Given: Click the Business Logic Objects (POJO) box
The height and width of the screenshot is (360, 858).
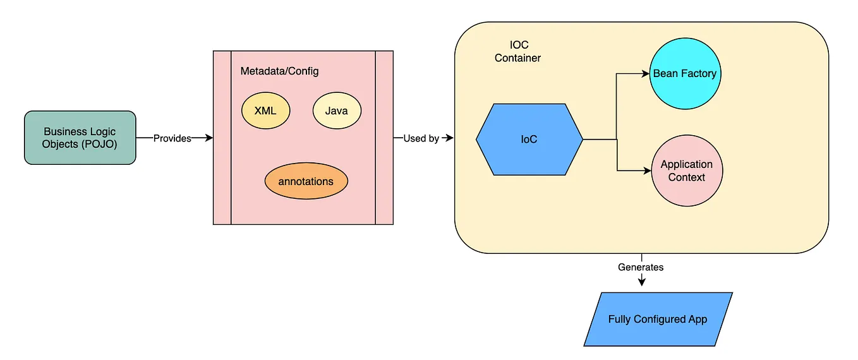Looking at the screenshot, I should point(80,138).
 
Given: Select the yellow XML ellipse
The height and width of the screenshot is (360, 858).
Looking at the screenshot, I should point(265,111).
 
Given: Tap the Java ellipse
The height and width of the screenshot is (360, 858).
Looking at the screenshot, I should point(337,111).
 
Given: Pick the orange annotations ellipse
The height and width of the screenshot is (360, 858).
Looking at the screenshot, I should point(306,181).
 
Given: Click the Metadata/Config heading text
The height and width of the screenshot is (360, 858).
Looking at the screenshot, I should point(279,71).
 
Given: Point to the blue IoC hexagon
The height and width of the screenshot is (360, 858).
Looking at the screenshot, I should point(529,139).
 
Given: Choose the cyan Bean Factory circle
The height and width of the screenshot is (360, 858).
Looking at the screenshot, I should point(685,74).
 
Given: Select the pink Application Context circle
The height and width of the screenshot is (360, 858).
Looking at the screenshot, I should point(686,171).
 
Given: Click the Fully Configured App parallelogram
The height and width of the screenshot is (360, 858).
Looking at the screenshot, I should point(658,319).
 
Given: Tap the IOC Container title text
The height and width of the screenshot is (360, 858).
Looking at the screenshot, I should point(517,52).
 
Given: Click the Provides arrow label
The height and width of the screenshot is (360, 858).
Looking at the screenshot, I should point(172,138).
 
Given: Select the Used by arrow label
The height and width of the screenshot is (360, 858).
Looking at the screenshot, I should point(421,138).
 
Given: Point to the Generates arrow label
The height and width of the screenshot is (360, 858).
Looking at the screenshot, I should point(641,267).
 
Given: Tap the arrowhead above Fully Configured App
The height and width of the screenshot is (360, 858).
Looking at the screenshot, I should point(641,282).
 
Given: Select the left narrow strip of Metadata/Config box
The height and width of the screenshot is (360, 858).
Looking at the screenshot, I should point(222,138).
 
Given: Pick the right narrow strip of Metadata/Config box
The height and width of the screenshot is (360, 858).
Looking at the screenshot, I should point(384,138).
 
